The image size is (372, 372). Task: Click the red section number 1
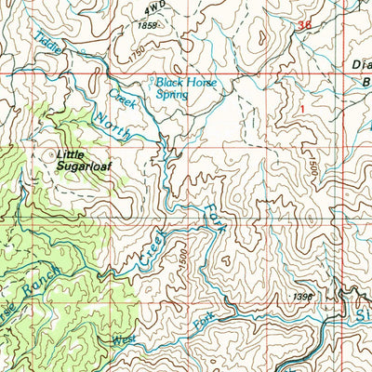click(300, 108)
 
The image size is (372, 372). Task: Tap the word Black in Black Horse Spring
click(171, 82)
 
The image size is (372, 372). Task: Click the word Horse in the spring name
click(203, 82)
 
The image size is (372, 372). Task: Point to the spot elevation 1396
click(300, 298)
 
